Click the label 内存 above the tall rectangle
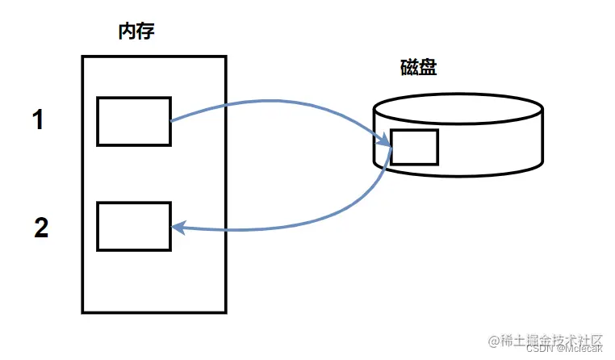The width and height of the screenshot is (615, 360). [x=136, y=32]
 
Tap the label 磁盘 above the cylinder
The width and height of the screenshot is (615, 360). [x=418, y=68]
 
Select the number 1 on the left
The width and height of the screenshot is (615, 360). [x=38, y=121]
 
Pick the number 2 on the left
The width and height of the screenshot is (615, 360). [x=41, y=228]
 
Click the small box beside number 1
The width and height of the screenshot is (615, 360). [x=134, y=121]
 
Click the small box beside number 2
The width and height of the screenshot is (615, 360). [x=134, y=226]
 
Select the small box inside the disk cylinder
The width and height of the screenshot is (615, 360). [x=414, y=147]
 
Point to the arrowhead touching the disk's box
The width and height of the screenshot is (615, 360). [x=385, y=143]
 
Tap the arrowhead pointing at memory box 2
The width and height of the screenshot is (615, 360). [x=179, y=228]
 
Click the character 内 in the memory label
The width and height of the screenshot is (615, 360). [x=127, y=32]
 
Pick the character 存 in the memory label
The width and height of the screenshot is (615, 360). [x=145, y=32]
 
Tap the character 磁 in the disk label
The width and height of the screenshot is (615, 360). [x=408, y=68]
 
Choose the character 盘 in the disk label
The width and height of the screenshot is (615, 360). [x=428, y=68]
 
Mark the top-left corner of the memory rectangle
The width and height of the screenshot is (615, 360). [x=82, y=57]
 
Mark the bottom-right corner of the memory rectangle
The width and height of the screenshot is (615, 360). [x=225, y=312]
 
